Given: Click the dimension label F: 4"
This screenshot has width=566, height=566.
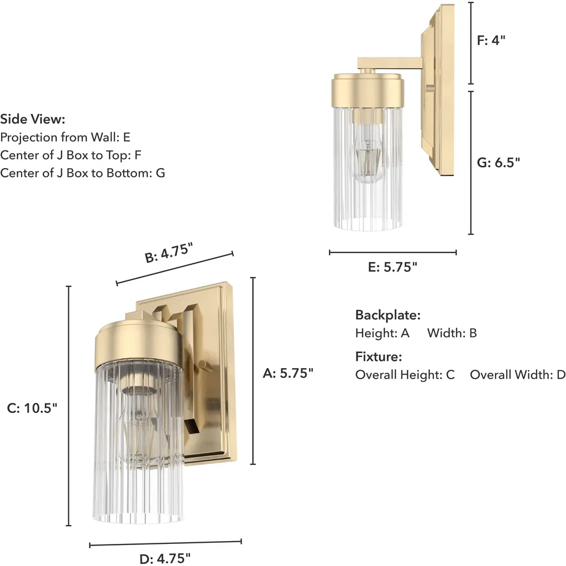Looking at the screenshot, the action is click(491, 40).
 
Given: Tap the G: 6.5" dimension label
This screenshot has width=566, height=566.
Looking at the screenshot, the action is click(499, 163).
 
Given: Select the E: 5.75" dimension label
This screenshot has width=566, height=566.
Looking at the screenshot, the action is click(392, 267).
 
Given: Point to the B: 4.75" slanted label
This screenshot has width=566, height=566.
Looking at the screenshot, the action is click(169, 253).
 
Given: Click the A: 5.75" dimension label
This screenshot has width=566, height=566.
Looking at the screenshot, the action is click(288, 373).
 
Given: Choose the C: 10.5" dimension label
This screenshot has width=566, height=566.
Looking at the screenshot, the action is click(32, 408).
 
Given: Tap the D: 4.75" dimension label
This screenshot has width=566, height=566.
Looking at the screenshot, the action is click(165, 558).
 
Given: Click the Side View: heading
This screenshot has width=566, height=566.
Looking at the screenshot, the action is click(33, 119).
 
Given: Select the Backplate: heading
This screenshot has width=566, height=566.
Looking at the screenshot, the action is click(388, 315).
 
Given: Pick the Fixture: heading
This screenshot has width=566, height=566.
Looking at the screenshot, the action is click(379, 357).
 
